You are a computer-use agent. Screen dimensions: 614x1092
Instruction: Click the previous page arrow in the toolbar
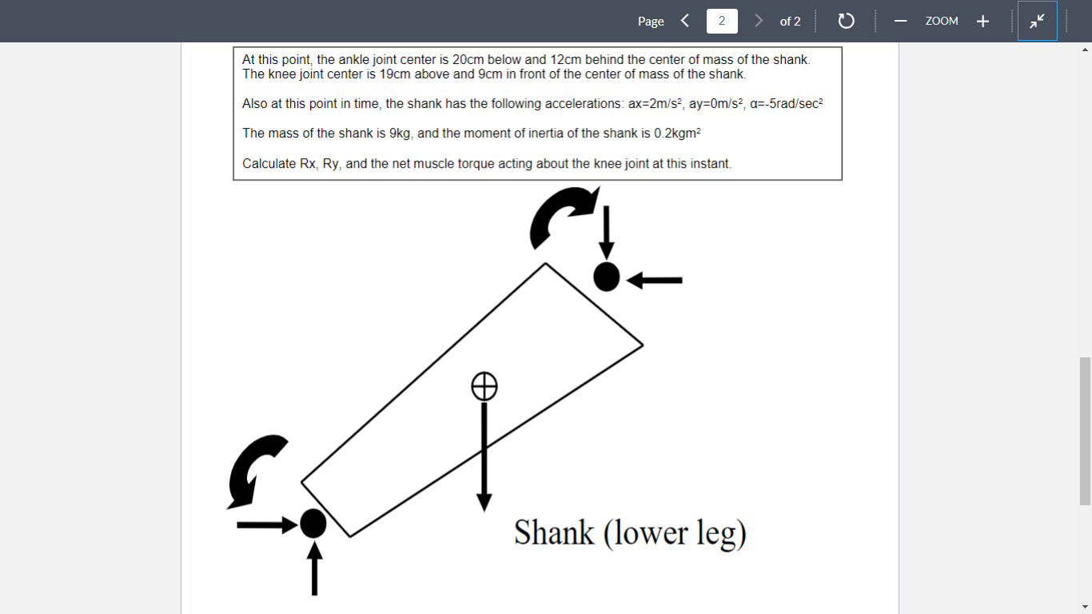point(685,21)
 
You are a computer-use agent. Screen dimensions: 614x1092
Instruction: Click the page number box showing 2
point(722,21)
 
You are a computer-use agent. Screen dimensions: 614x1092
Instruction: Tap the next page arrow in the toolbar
point(759,21)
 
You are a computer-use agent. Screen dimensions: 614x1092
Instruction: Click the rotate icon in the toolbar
point(847,21)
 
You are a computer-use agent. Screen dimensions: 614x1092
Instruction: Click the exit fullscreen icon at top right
point(1037,21)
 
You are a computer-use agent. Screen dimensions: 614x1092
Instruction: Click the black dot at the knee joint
point(607,277)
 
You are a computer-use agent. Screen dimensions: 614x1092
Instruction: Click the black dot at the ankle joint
point(313,524)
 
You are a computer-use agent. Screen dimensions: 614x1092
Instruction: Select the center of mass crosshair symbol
point(484,386)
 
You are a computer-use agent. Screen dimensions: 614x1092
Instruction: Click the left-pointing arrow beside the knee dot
point(655,280)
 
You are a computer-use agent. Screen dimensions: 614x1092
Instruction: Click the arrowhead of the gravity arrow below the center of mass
point(484,502)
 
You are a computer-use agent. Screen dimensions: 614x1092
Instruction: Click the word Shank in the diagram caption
point(554,533)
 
